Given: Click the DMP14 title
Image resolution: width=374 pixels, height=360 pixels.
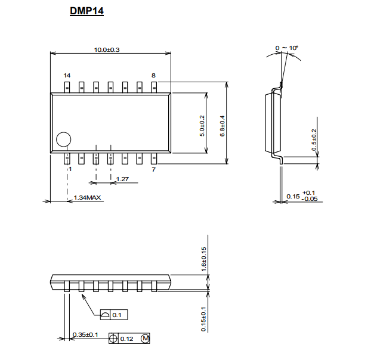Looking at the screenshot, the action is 86,11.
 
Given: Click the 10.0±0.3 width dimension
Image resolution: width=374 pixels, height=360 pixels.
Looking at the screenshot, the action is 107,50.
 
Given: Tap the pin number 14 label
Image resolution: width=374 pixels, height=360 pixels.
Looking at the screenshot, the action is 67,76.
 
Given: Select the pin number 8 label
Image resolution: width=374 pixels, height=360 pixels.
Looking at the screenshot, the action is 153,76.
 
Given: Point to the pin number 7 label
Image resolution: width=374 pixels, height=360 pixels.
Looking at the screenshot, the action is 154,169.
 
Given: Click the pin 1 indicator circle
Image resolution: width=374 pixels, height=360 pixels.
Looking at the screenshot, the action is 63,132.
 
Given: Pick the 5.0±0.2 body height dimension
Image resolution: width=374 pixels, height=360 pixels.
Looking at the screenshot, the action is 202,126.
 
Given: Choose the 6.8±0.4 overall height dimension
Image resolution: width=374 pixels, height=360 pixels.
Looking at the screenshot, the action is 222,126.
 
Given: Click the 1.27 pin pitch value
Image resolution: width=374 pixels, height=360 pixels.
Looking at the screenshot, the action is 122,179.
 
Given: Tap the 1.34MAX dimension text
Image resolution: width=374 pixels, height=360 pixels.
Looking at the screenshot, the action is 87,198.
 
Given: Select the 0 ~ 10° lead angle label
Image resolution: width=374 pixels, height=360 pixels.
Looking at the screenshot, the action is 287,48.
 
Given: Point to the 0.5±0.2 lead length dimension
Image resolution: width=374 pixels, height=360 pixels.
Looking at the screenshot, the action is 314,140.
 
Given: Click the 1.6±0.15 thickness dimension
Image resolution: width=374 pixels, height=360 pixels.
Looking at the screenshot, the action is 203,259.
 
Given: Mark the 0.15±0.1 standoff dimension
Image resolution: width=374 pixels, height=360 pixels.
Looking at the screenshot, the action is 203,319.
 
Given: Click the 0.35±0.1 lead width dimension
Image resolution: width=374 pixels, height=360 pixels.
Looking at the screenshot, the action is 85,335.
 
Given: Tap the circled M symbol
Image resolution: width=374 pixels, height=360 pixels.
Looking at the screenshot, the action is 146,339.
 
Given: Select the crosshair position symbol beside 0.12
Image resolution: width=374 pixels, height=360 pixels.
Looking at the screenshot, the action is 113,339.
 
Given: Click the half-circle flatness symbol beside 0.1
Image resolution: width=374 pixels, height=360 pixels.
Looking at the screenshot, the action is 105,315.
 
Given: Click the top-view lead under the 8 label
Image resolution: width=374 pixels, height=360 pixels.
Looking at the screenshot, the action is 154,87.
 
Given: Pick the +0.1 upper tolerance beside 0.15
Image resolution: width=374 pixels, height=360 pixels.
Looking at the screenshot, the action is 308,193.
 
